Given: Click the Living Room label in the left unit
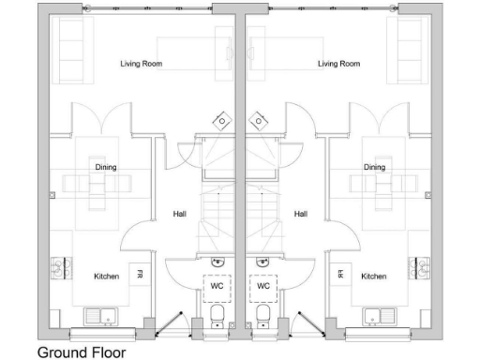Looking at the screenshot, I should (x=142, y=64).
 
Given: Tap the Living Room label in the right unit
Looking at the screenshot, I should (x=339, y=64).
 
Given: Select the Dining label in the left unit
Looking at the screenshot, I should (x=106, y=167).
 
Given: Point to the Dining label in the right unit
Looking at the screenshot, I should (x=375, y=167).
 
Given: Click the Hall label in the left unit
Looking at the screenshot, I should (x=179, y=214).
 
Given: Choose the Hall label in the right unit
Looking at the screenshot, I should (x=301, y=214).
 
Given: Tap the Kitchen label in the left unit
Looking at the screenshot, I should (x=106, y=277).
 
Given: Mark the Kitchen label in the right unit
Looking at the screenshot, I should (x=374, y=277).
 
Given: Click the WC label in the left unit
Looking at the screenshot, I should (x=217, y=285).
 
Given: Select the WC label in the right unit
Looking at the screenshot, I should (x=263, y=285).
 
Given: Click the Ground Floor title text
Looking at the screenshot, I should (x=81, y=352).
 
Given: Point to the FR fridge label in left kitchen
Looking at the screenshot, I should (x=140, y=275).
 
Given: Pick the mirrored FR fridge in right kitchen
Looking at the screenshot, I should (x=340, y=275).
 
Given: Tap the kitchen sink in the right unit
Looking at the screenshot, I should (x=382, y=315).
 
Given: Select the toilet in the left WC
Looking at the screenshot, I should (x=217, y=313).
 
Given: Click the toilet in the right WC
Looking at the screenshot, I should (x=263, y=313).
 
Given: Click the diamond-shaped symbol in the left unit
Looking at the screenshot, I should (x=221, y=121).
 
